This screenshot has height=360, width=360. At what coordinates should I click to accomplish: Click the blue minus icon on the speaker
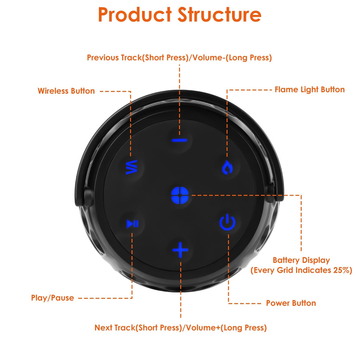click(x=179, y=140)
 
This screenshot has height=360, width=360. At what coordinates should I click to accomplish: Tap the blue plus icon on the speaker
click(x=180, y=250)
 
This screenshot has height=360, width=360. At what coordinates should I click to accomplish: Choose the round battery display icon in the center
click(x=180, y=195)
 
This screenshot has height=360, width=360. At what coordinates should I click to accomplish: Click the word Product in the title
click(x=135, y=15)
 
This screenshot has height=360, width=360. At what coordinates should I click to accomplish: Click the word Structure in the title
click(x=219, y=15)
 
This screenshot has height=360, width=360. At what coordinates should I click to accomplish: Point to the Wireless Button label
click(x=66, y=91)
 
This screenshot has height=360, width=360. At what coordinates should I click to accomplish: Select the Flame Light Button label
click(x=309, y=90)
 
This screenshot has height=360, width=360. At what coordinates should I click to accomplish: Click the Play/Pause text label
click(x=52, y=298)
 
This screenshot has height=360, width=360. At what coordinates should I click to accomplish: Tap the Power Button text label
click(x=291, y=303)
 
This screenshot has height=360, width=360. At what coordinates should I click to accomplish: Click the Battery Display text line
click(x=301, y=260)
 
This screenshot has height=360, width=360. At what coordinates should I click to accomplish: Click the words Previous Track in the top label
click(x=114, y=58)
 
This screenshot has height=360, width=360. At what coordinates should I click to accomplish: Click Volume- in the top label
click(x=206, y=58)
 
